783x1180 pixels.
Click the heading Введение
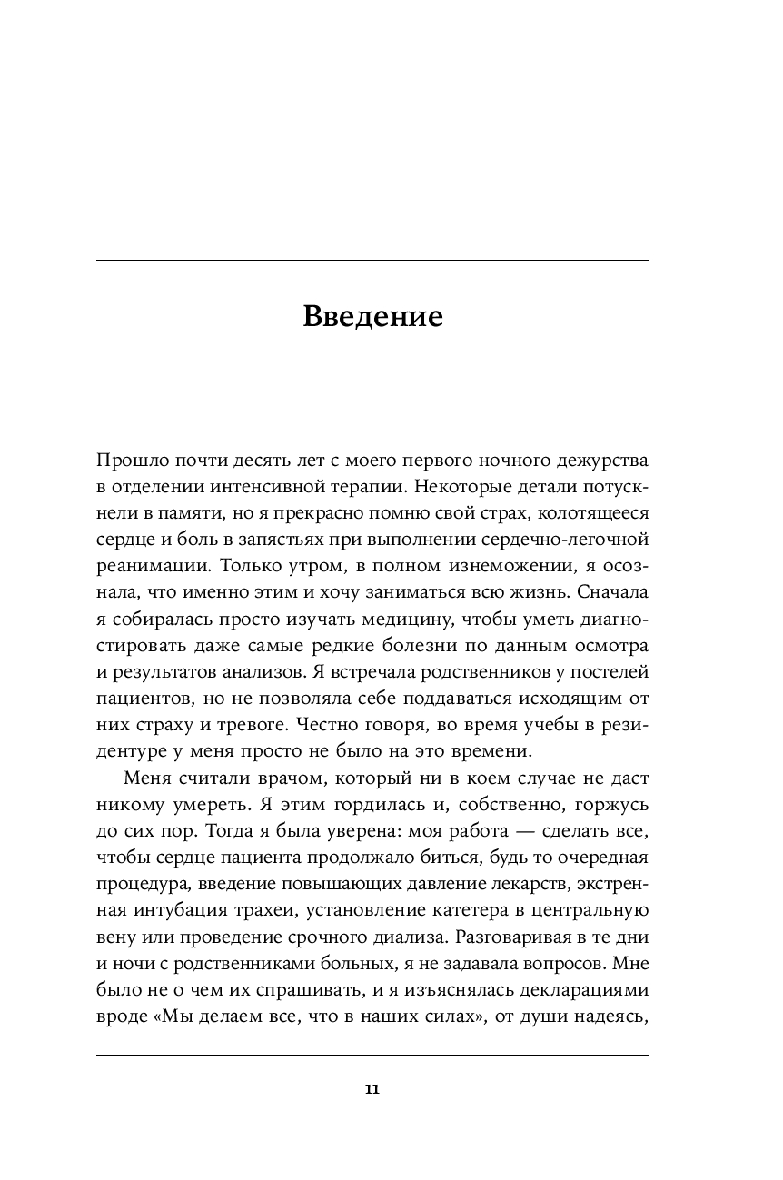(372, 316)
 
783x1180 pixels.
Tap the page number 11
(372, 1089)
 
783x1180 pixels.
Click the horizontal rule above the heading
(372, 262)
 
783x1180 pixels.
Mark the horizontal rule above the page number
(372, 1056)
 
